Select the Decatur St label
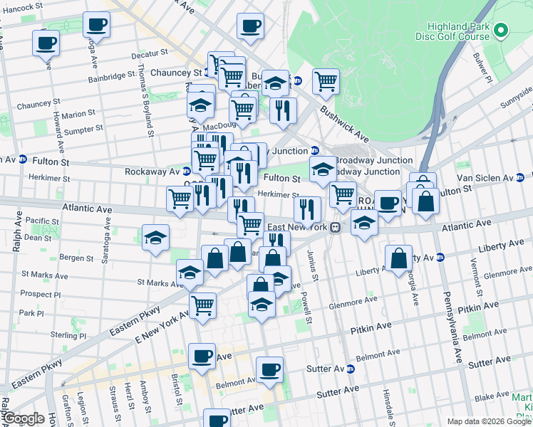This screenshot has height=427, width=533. click(x=149, y=53)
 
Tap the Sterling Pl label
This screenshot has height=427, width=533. click(x=68, y=335)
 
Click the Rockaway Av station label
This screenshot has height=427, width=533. click(x=152, y=172)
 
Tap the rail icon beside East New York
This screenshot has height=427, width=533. click(x=334, y=227)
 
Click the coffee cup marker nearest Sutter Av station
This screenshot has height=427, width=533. click(x=269, y=370)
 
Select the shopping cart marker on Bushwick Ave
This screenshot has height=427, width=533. click(x=326, y=81)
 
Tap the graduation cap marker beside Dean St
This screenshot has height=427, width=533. click(x=155, y=238)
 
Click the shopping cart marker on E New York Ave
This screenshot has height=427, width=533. click(x=203, y=307)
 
